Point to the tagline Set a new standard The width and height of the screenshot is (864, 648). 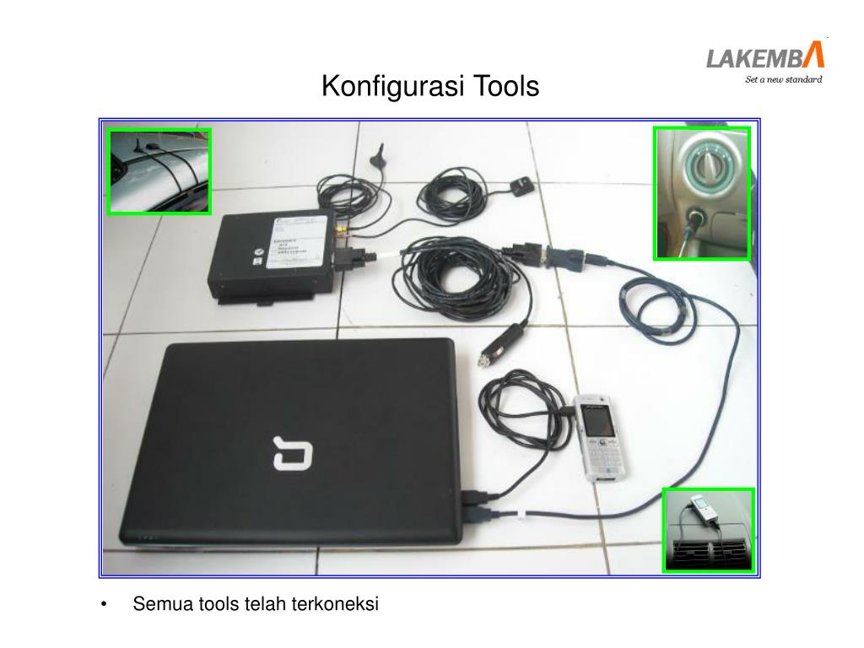point(782,81)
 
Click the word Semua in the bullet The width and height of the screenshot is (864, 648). point(163,604)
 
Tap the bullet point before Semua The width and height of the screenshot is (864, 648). point(104,605)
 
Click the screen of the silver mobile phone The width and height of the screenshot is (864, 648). point(597,420)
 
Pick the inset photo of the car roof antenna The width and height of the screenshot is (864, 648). point(159,171)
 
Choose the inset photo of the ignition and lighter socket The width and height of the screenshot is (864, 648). point(702,193)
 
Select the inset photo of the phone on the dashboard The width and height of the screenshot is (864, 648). point(708,529)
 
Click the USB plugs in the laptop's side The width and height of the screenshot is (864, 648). point(472,502)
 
